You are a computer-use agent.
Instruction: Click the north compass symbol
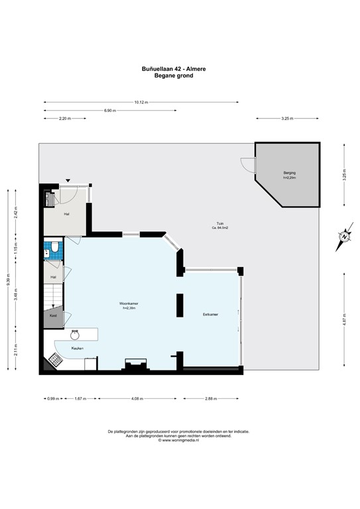343,237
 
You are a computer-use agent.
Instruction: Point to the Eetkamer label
210,313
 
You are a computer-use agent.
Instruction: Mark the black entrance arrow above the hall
68,181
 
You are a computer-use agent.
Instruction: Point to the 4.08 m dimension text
135,399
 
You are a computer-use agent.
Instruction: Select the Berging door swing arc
247,166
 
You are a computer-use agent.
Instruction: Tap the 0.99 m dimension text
52,399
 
